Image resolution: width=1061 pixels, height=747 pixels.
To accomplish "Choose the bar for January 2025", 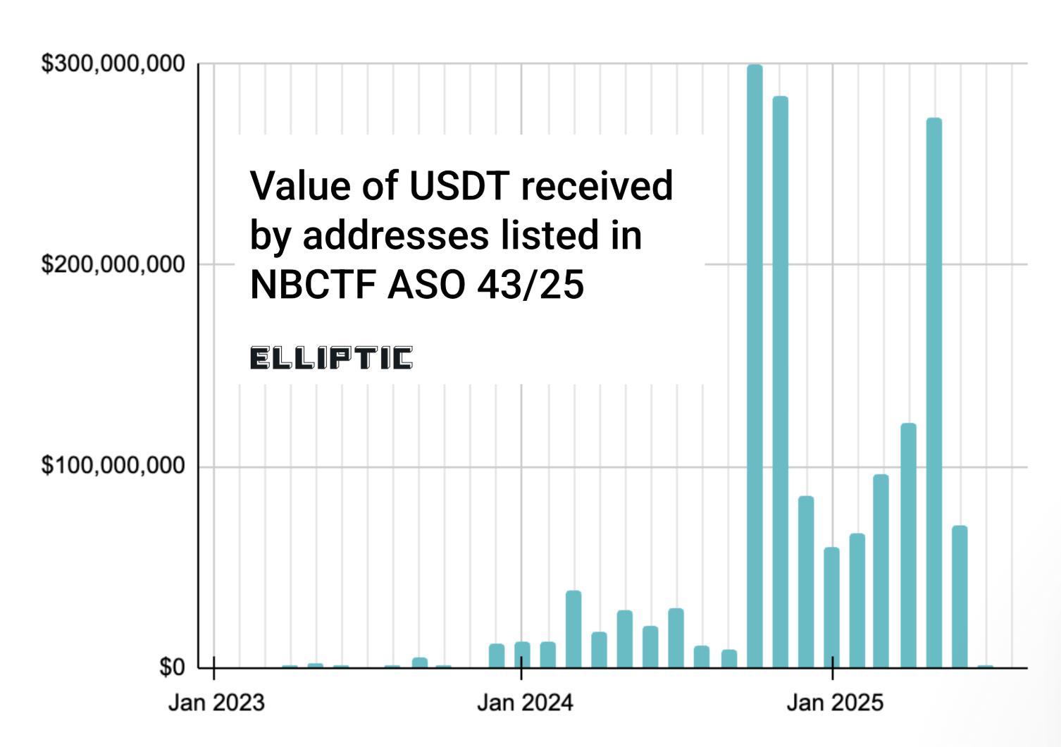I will (x=831, y=607).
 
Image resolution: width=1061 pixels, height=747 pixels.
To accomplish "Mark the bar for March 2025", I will (x=881, y=571).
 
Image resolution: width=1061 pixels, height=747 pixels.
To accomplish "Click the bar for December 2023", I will (x=497, y=655).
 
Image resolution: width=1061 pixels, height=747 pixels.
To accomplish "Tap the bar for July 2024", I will (x=676, y=638).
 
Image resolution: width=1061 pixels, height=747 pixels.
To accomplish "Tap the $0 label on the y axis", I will (x=171, y=667).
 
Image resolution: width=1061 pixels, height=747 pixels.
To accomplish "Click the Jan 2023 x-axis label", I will (x=216, y=703).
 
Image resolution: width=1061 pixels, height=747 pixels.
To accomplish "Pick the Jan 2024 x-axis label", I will (x=525, y=703).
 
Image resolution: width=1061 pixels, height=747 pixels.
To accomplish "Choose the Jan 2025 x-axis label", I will (x=835, y=703).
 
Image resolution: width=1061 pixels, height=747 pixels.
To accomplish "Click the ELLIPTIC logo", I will (x=331, y=358).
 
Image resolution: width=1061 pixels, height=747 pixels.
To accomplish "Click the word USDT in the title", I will (x=459, y=185).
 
